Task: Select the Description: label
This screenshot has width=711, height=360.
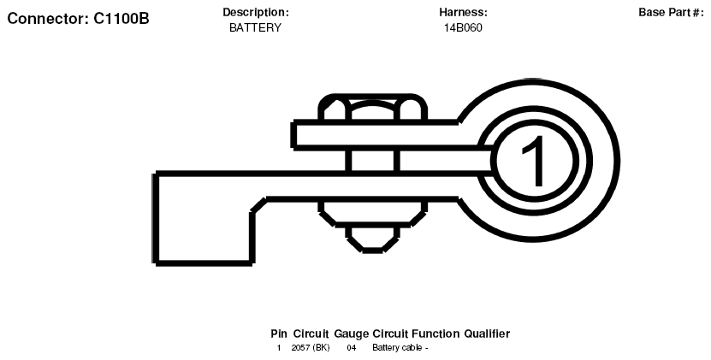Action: [255, 13]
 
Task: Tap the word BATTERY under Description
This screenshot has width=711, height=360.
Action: [255, 27]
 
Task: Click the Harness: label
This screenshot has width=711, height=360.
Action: [463, 13]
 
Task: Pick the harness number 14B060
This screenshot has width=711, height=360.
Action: [463, 27]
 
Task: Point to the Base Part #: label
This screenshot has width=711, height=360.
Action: [671, 13]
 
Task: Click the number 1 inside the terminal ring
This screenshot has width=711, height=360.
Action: [534, 161]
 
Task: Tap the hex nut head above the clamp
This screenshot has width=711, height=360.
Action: [373, 108]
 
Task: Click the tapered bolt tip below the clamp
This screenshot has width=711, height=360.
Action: [373, 239]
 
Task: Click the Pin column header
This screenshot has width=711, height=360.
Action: [279, 334]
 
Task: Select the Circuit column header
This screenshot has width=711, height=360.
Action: [311, 334]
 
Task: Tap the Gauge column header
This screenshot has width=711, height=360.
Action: [352, 334]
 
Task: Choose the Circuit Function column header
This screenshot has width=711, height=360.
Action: [416, 334]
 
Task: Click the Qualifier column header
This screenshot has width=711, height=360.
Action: [487, 334]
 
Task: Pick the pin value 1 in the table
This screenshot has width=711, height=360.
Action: [279, 348]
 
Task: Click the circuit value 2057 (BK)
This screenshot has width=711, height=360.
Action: [311, 348]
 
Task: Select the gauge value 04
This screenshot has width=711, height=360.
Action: [352, 348]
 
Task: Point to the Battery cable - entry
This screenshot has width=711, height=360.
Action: [400, 348]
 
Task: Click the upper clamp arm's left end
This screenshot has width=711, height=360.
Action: [293, 134]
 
